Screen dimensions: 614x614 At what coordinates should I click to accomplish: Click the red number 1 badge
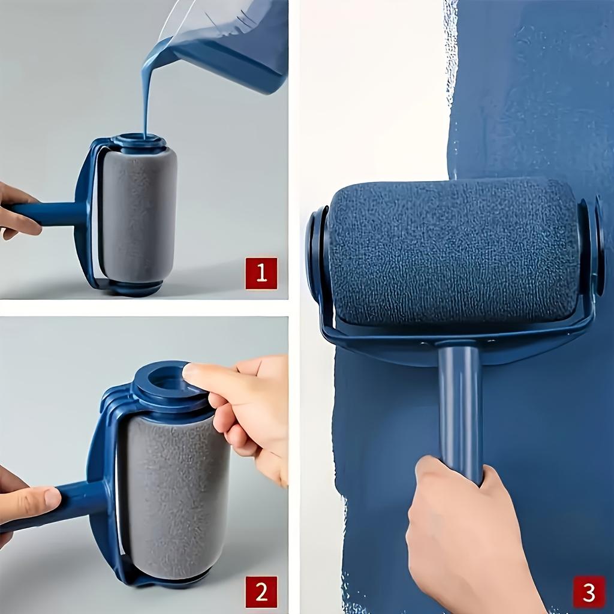point(261,273)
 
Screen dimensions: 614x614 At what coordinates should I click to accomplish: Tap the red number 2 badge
point(261,592)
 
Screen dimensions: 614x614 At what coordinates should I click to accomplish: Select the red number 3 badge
point(589,592)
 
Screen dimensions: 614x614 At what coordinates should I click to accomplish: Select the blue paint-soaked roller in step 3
point(453,252)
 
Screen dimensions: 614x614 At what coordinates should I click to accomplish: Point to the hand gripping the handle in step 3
point(462,534)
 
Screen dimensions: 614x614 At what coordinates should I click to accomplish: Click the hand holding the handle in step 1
point(15,210)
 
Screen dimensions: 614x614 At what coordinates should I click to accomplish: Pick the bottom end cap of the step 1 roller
point(135,287)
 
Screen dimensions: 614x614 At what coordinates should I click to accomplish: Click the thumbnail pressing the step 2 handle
point(51,497)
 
